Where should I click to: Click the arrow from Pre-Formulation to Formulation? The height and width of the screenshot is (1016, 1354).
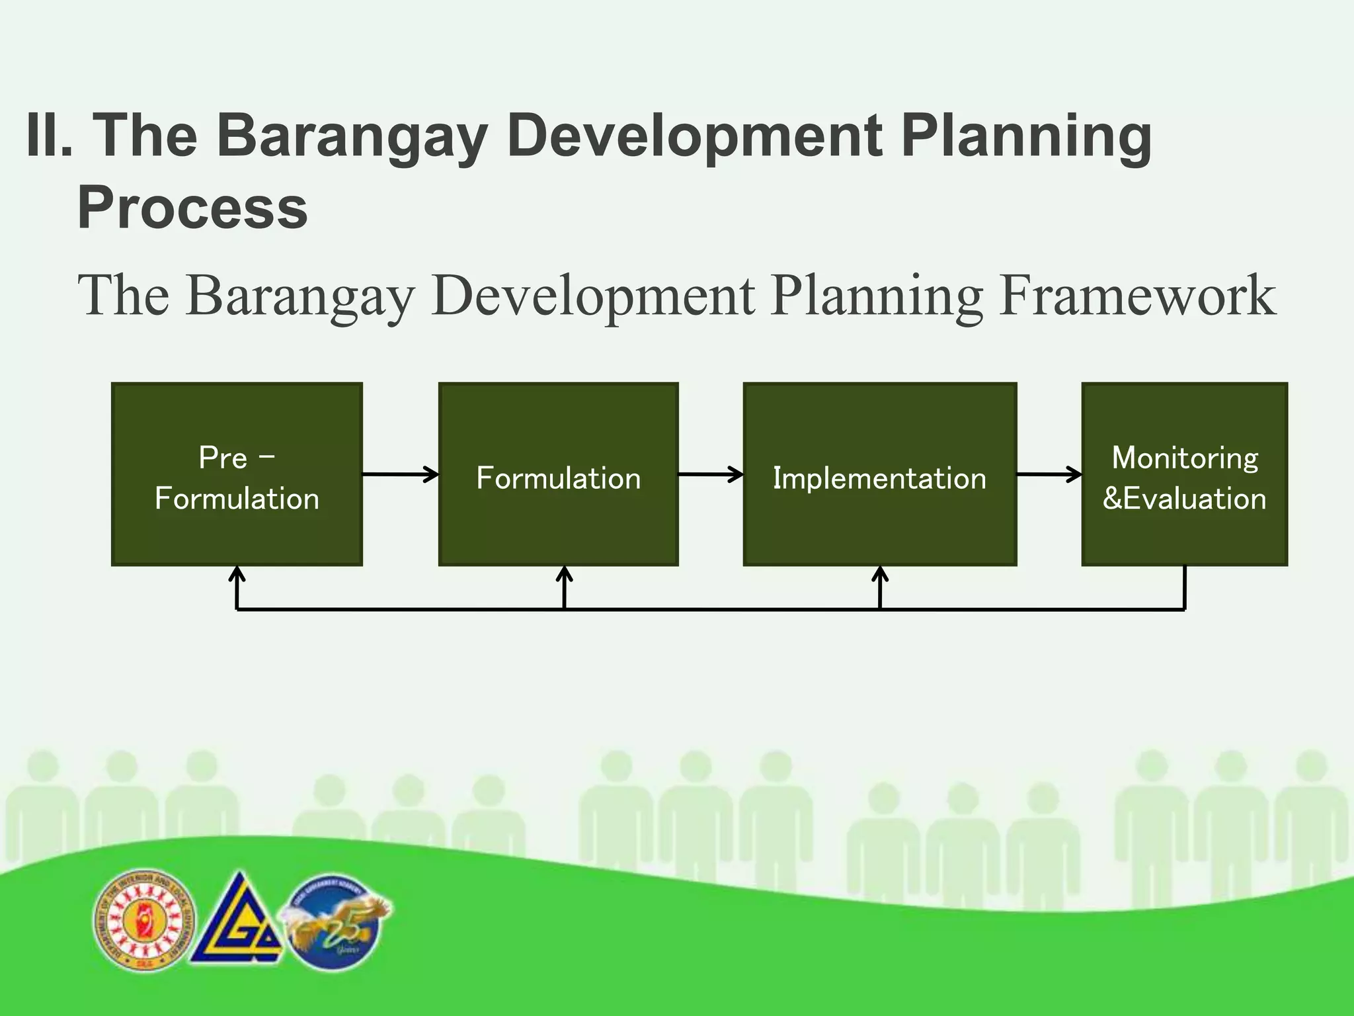400,474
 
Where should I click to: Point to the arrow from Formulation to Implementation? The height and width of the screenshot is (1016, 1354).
711,474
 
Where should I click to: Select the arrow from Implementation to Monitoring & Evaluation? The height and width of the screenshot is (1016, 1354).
1049,474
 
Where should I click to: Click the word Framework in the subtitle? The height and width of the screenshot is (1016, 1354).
1137,296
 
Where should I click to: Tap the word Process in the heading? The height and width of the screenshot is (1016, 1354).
192,208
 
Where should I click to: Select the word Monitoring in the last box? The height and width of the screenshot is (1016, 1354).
1185,458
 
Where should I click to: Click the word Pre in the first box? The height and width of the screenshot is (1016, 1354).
223,458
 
